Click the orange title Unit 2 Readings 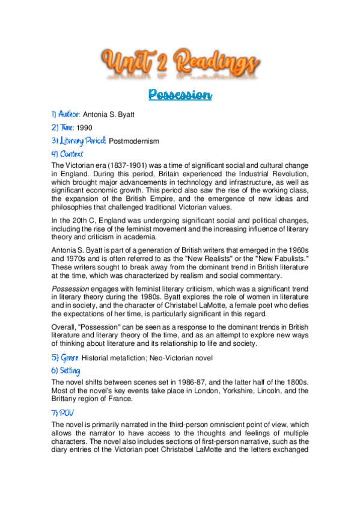tap(180, 63)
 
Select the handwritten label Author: tap(65, 114)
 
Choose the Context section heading tap(67, 154)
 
